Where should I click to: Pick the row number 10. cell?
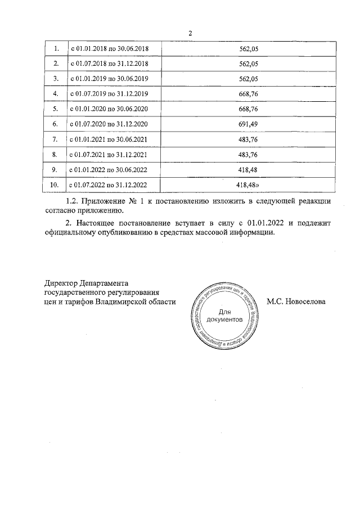pos(55,184)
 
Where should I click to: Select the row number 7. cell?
pos(55,138)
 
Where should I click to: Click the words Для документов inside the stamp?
pos(224,315)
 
